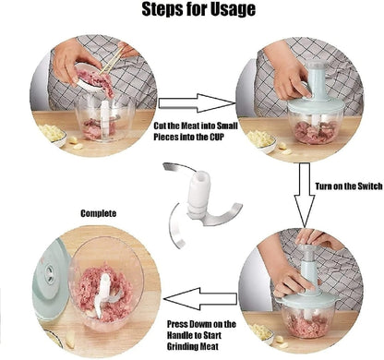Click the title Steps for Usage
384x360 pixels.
(192, 12)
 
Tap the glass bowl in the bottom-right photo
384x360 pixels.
(309, 318)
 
